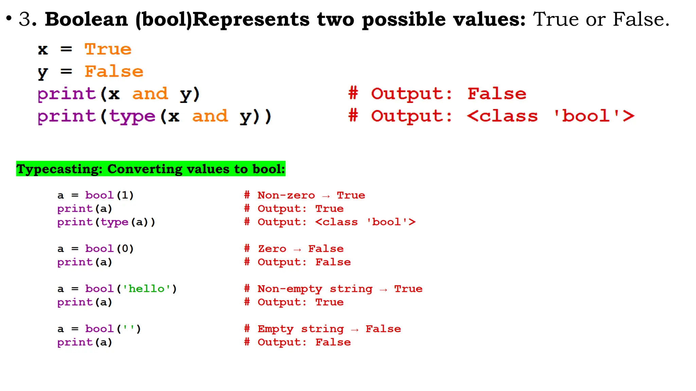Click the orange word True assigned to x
[108, 50]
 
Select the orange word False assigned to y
[114, 72]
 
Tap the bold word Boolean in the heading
[86, 19]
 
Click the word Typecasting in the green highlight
[59, 169]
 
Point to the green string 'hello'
[146, 288]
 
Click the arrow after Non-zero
[326, 196]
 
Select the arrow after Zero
[297, 249]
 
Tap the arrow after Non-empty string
[383, 290]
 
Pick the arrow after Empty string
[355, 330]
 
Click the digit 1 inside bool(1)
[125, 195]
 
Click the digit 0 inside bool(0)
[125, 248]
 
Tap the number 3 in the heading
[25, 19]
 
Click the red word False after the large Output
[497, 94]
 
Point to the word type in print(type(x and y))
[132, 116]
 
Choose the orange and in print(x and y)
[150, 94]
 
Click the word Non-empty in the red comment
[290, 289]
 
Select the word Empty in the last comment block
[275, 329]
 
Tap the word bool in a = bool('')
[99, 329]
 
